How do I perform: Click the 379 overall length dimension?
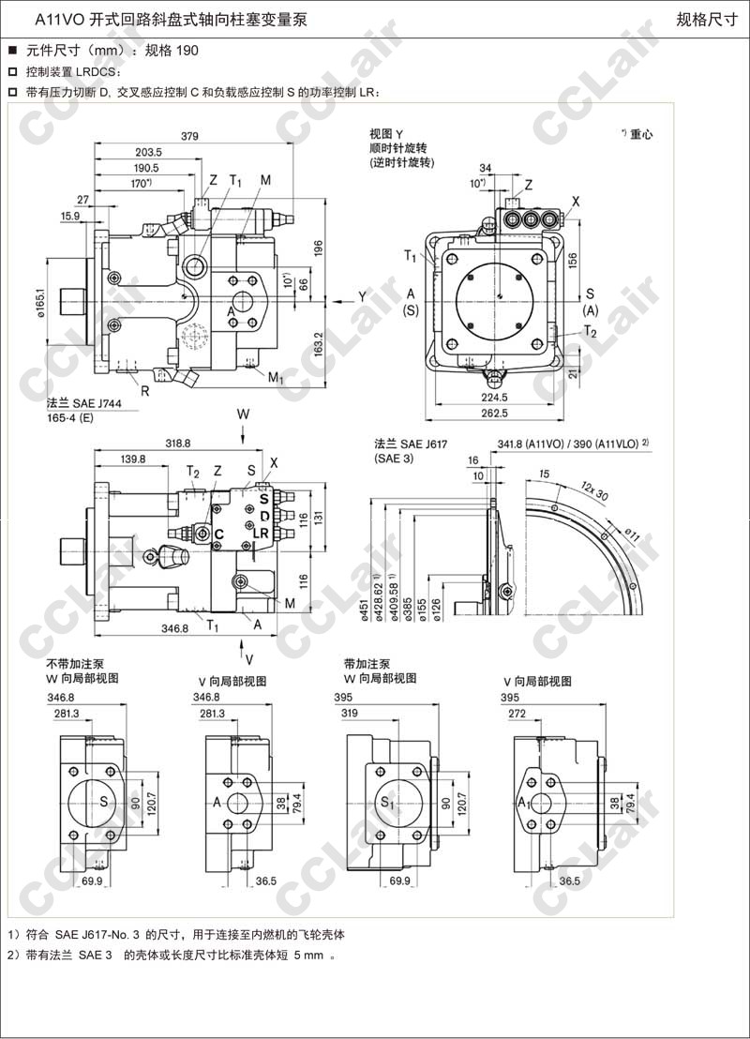[x=189, y=136]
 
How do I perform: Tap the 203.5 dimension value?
[x=148, y=152]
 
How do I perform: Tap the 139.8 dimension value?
[x=133, y=459]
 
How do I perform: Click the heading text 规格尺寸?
[x=707, y=20]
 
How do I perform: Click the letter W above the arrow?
[x=243, y=414]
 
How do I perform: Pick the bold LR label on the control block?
[x=262, y=533]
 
